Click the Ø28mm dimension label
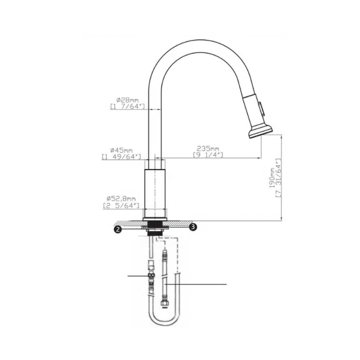tap(128, 100)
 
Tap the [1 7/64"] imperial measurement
tap(128, 106)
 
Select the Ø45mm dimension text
tap(121, 150)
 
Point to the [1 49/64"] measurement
tap(121, 157)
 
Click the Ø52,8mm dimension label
tap(121, 199)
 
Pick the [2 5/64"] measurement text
tap(121, 206)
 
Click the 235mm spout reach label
tap(208, 149)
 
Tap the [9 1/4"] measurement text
tap(208, 155)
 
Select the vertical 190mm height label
tap(272, 178)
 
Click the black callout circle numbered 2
tap(118, 229)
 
